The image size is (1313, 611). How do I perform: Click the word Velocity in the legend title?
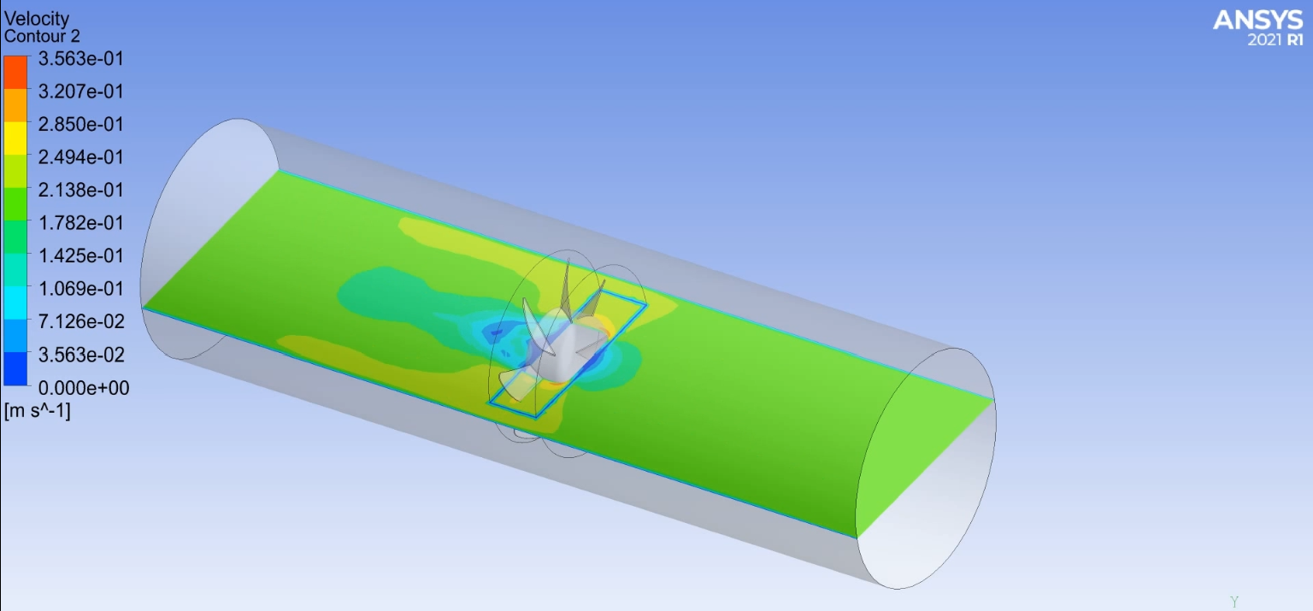(37, 19)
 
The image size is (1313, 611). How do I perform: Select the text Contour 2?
(43, 36)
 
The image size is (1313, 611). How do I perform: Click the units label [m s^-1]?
(38, 411)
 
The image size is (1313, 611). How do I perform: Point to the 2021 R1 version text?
(1275, 40)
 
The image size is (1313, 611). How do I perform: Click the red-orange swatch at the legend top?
(15, 72)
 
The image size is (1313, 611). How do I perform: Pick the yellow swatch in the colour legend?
(15, 138)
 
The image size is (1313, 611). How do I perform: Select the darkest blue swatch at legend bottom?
(15, 369)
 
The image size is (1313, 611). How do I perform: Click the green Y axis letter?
(1234, 602)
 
